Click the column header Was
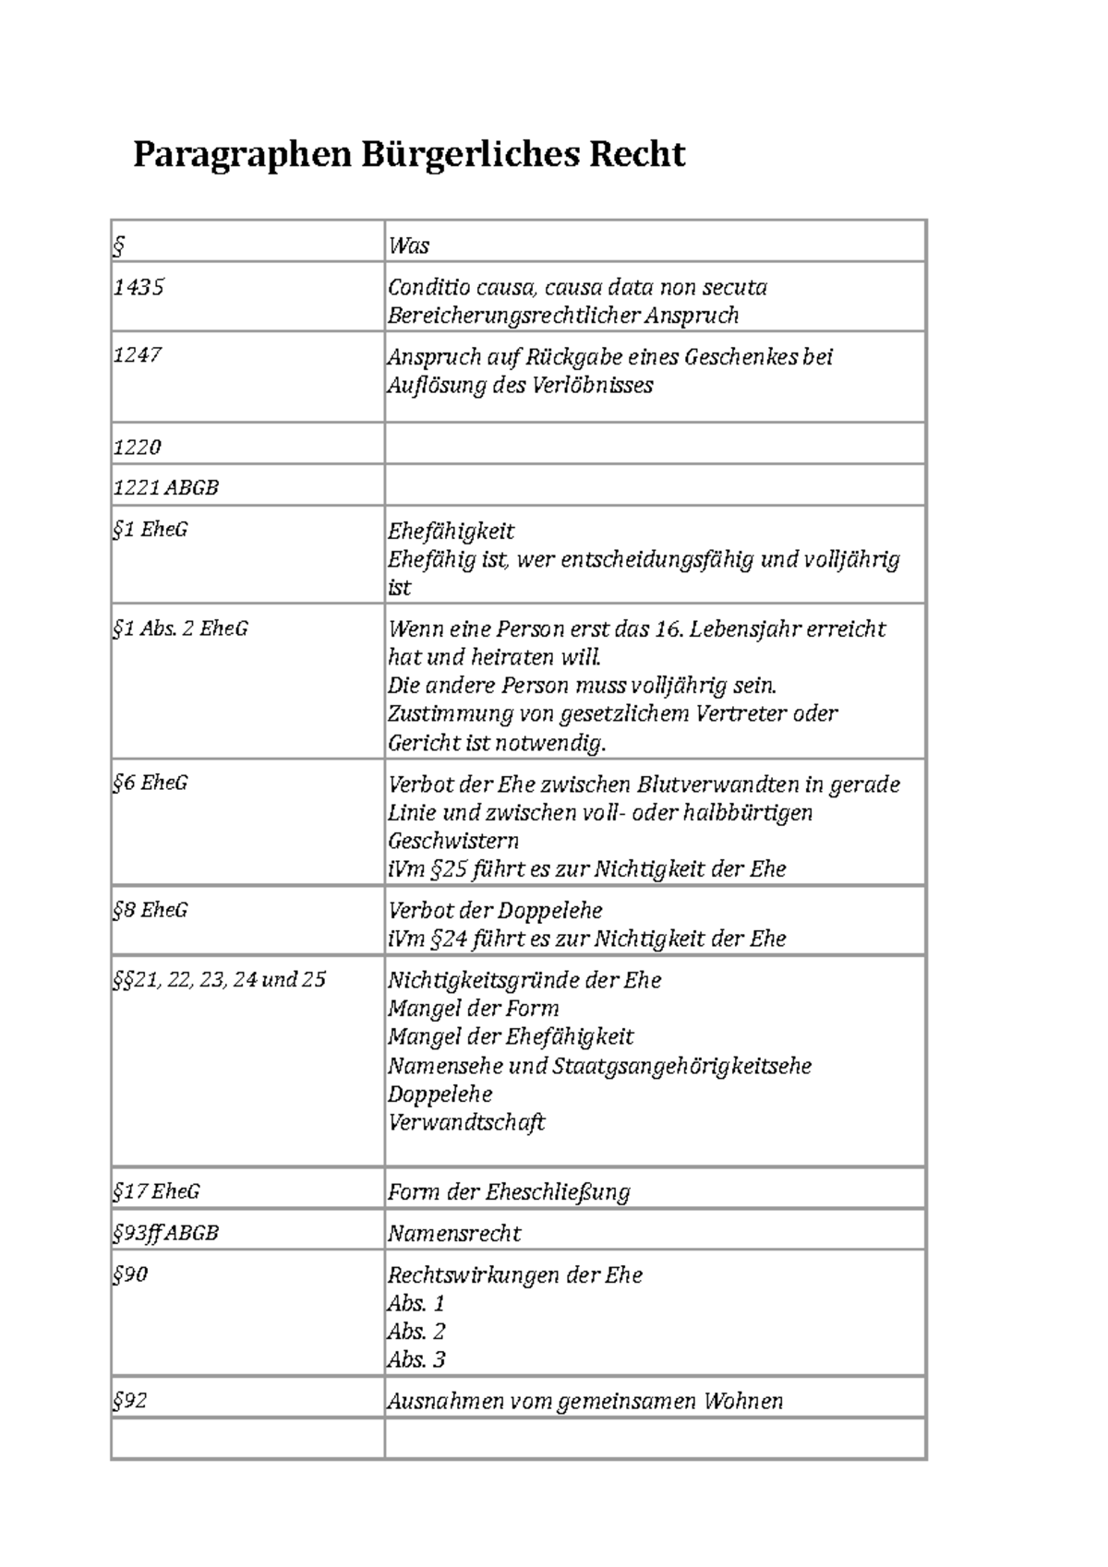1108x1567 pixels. (409, 245)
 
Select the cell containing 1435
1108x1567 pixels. (138, 287)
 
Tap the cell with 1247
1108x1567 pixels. (138, 355)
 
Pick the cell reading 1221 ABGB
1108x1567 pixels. (165, 487)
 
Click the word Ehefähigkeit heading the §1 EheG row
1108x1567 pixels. (451, 532)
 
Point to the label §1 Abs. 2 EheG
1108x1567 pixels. (180, 628)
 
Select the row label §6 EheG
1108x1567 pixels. (150, 783)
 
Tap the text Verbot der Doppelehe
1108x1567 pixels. (495, 911)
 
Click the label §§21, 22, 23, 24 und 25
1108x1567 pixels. (219, 979)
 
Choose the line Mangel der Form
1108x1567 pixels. (473, 1009)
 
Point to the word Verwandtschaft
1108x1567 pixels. (466, 1123)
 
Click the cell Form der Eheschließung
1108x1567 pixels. (509, 1192)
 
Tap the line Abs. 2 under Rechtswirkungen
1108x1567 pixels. (415, 1332)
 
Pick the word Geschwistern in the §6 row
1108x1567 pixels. (452, 842)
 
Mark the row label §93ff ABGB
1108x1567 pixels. (165, 1233)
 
